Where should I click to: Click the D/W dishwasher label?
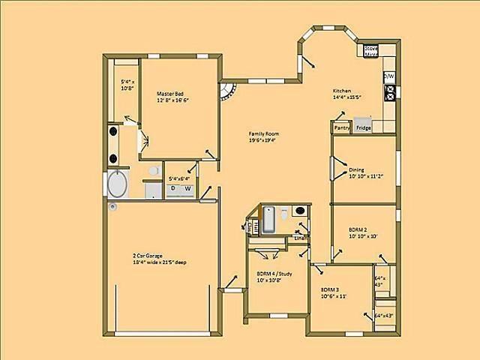[388, 76]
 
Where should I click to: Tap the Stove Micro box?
[370, 51]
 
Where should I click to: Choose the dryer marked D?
[173, 188]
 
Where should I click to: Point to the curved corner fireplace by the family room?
[227, 95]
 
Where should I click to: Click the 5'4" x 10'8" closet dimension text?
[127, 85]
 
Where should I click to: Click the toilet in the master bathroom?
[153, 172]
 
